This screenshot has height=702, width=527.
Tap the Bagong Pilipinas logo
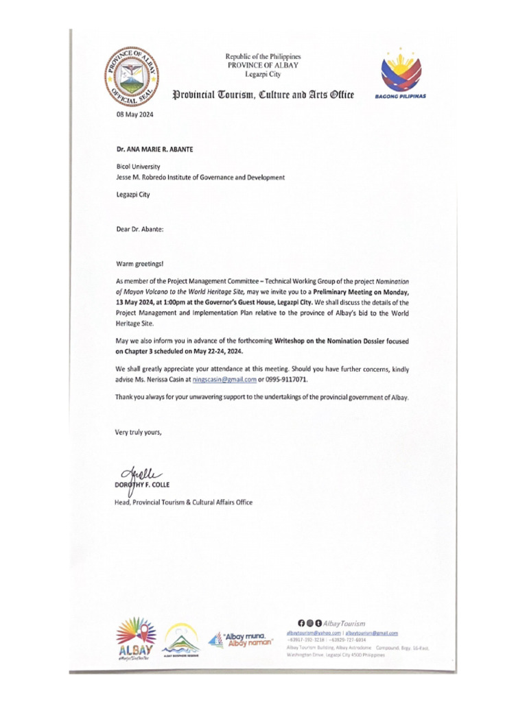point(400,75)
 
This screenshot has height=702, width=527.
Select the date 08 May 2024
point(134,115)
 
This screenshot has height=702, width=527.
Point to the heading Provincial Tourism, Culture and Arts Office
point(263,94)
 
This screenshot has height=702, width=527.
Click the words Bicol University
point(138,166)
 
